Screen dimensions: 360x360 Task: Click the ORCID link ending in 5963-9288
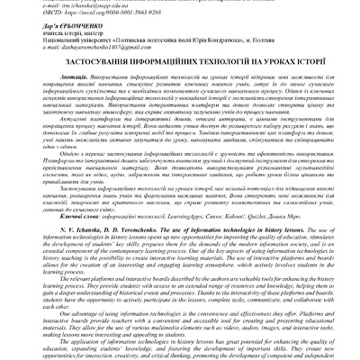[86, 13]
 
